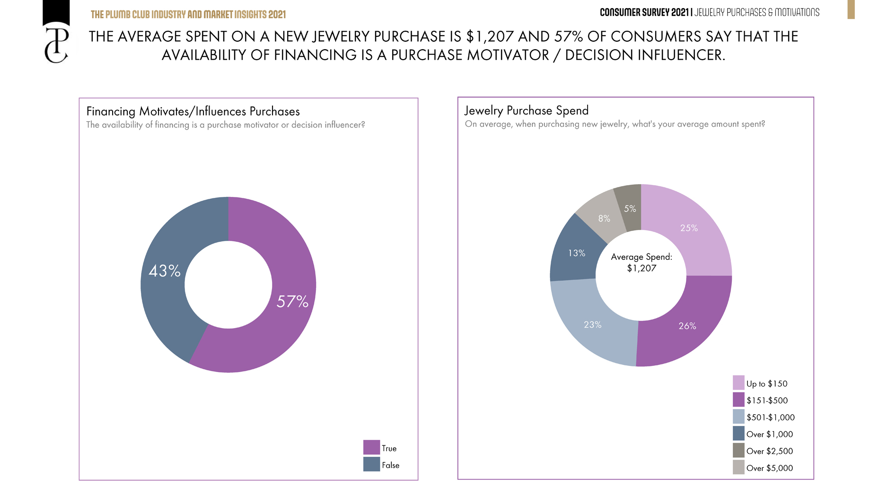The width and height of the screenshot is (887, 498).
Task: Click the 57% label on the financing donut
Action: click(x=292, y=302)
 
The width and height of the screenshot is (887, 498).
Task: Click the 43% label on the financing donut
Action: click(x=165, y=271)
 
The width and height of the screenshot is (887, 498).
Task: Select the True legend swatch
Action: click(x=371, y=447)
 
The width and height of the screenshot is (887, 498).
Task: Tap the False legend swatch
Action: click(x=371, y=464)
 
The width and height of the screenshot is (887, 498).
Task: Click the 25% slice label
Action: click(x=689, y=228)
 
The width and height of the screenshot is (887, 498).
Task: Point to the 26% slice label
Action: click(x=687, y=326)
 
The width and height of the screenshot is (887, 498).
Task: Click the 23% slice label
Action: click(x=592, y=325)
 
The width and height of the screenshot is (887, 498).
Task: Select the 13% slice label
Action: click(x=576, y=253)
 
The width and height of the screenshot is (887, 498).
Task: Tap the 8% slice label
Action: click(x=604, y=219)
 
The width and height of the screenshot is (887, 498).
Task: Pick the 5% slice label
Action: click(x=630, y=209)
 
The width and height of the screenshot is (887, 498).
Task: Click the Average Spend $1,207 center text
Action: click(x=641, y=263)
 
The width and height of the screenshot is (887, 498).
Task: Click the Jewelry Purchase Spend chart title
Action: click(x=527, y=111)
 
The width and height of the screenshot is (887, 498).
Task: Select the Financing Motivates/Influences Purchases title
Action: click(x=193, y=112)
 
